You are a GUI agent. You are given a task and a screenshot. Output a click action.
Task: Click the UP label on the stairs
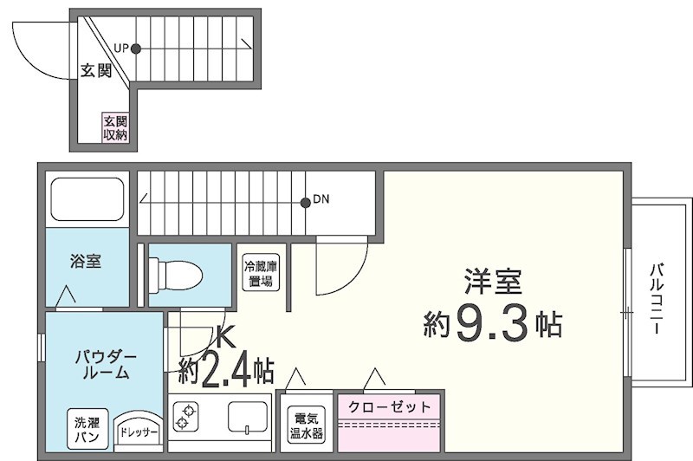click(x=122, y=49)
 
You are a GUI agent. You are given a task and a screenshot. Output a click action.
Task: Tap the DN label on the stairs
click(x=321, y=199)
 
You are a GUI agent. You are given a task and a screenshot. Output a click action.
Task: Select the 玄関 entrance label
click(x=95, y=71)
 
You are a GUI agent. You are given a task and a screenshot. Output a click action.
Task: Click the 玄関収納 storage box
click(x=115, y=127)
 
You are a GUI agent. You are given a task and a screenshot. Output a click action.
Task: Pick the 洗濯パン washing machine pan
click(x=89, y=430)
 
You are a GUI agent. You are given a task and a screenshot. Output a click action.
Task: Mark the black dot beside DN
click(x=305, y=203)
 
